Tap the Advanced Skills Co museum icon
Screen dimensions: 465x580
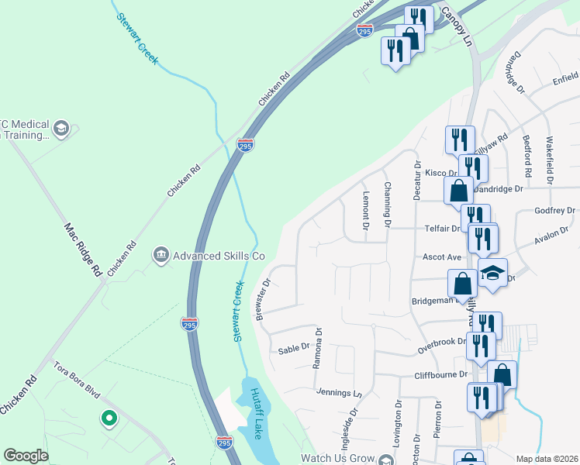(161, 254)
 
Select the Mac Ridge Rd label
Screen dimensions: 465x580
(82, 250)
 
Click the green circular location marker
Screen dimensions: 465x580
(109, 419)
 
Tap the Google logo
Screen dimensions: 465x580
(26, 456)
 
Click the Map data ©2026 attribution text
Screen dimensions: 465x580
(547, 459)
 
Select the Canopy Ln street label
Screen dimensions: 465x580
(457, 26)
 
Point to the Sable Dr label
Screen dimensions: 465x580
(294, 350)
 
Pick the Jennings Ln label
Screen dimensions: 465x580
(339, 393)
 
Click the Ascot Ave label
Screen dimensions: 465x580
(441, 257)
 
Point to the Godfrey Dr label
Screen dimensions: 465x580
(554, 211)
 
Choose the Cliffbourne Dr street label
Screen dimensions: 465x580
(441, 374)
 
